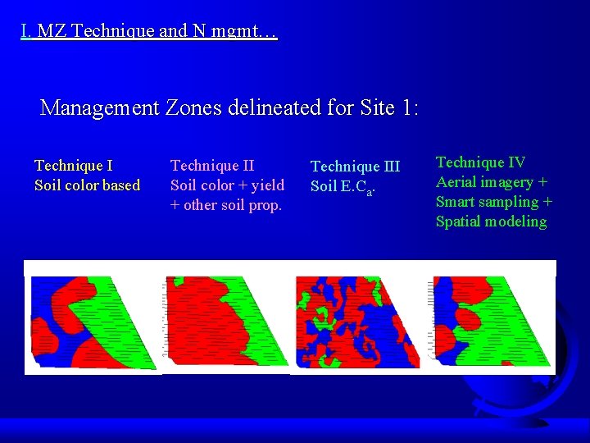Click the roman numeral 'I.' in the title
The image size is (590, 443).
(27, 33)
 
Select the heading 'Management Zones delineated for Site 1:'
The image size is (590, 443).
(229, 107)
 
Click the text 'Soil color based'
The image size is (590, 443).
(87, 185)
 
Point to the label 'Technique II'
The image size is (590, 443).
(211, 166)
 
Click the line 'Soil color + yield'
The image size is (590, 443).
(227, 185)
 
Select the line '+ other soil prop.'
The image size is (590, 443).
(225, 205)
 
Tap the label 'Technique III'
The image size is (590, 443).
(355, 167)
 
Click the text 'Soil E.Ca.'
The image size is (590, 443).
(343, 187)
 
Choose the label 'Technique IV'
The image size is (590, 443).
(480, 162)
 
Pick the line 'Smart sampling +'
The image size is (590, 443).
(493, 202)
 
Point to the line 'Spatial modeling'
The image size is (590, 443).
(491, 221)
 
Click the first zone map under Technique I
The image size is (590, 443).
(92, 322)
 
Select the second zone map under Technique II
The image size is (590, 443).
(225, 321)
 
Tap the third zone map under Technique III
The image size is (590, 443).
(357, 322)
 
